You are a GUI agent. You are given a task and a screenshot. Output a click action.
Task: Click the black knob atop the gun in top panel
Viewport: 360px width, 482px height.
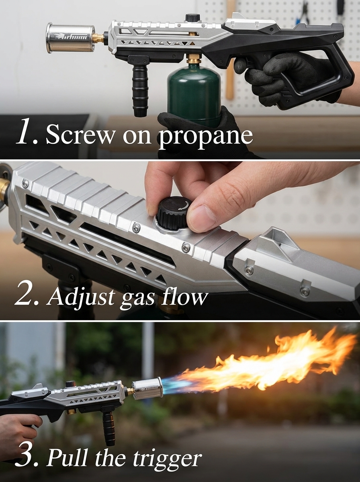pyautogui.click(x=192, y=17)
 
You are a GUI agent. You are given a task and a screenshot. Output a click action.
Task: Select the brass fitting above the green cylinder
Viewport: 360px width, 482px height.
pyautogui.click(x=192, y=60)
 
